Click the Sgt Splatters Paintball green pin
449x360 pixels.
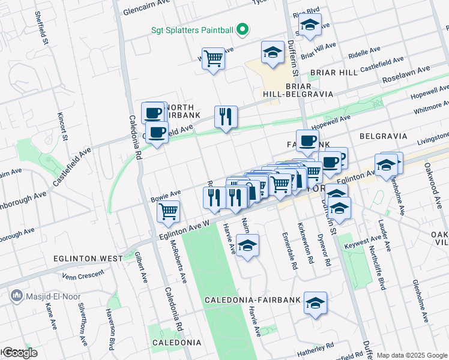pyautogui.click(x=242, y=29)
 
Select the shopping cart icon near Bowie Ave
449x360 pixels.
pyautogui.click(x=169, y=211)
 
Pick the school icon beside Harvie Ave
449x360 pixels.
pyautogui.click(x=247, y=245)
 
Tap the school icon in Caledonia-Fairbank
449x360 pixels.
pyautogui.click(x=315, y=304)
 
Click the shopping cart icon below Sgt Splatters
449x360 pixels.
pyautogui.click(x=213, y=59)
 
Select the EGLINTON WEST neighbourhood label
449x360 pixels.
pyautogui.click(x=88, y=259)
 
